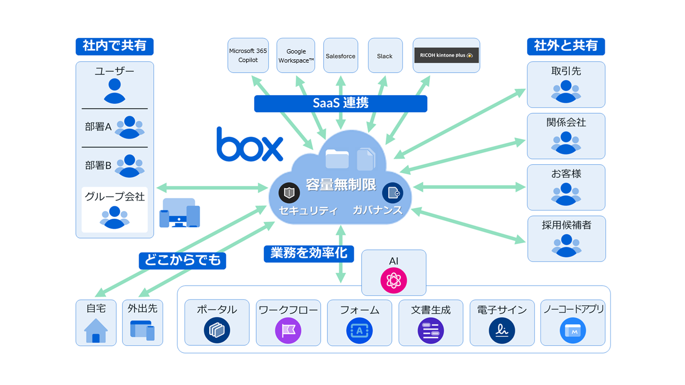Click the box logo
click(249, 144)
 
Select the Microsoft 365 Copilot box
click(248, 56)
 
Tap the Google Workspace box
click(296, 56)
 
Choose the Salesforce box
click(340, 56)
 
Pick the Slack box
click(385, 56)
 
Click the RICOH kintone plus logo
click(446, 55)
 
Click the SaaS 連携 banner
click(340, 103)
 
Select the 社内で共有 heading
click(115, 46)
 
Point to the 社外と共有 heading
click(566, 46)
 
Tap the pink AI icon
click(394, 280)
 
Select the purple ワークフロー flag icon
click(288, 330)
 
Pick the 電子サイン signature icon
click(501, 330)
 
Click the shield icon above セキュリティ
click(289, 192)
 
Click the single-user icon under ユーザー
click(115, 90)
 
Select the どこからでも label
click(182, 260)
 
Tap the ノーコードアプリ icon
click(573, 330)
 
